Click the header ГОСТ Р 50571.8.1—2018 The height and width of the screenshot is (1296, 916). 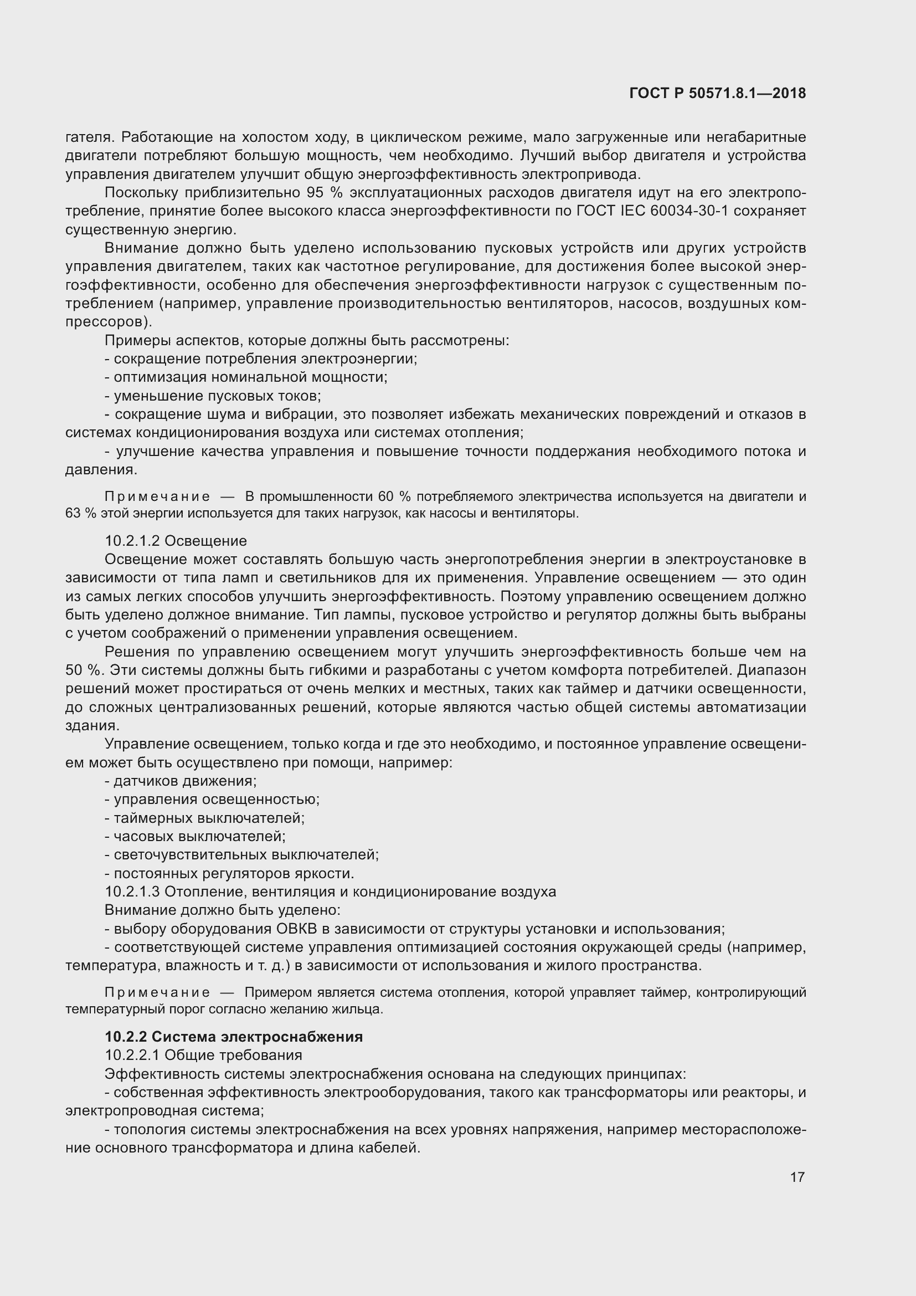717,94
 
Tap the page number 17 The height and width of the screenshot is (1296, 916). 797,1177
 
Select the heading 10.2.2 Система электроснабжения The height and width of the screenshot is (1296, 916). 234,1037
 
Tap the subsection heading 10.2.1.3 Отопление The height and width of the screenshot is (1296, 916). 330,892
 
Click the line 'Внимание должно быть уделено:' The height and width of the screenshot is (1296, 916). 222,910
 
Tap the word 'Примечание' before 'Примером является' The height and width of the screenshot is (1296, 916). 157,993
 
